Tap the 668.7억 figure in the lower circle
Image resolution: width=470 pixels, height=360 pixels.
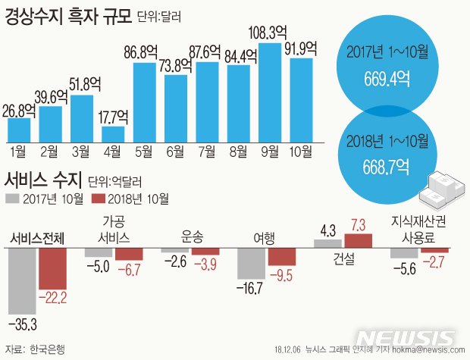383,162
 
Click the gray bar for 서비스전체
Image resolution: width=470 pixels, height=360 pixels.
21,281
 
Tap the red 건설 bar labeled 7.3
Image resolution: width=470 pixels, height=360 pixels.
359,240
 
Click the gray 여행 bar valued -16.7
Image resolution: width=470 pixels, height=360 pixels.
251,264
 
